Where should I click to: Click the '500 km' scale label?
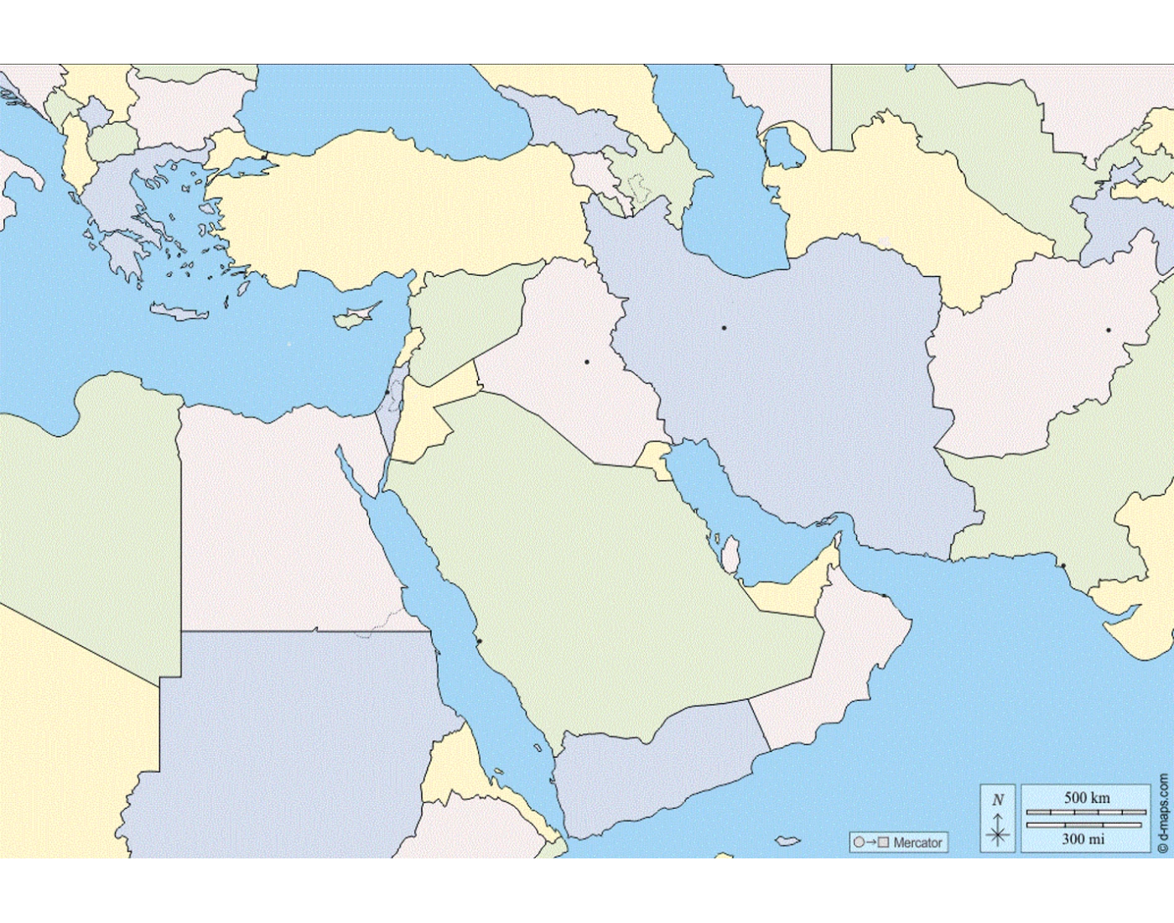[x=1087, y=797]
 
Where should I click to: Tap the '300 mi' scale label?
[x=1083, y=838]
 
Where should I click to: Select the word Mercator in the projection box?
[x=917, y=842]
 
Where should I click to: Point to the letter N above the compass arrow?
[x=998, y=800]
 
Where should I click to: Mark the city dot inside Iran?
[x=724, y=327]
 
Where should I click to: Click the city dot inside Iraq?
[x=587, y=362]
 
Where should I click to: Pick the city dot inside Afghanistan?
[x=1108, y=331]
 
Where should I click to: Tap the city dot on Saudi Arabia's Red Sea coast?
[x=480, y=642]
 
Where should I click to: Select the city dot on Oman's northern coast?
[x=884, y=596]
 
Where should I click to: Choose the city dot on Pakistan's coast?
[x=1063, y=566]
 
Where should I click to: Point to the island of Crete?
[x=179, y=313]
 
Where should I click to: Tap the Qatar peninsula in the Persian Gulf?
[x=730, y=555]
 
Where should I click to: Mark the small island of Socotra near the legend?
[x=787, y=841]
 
